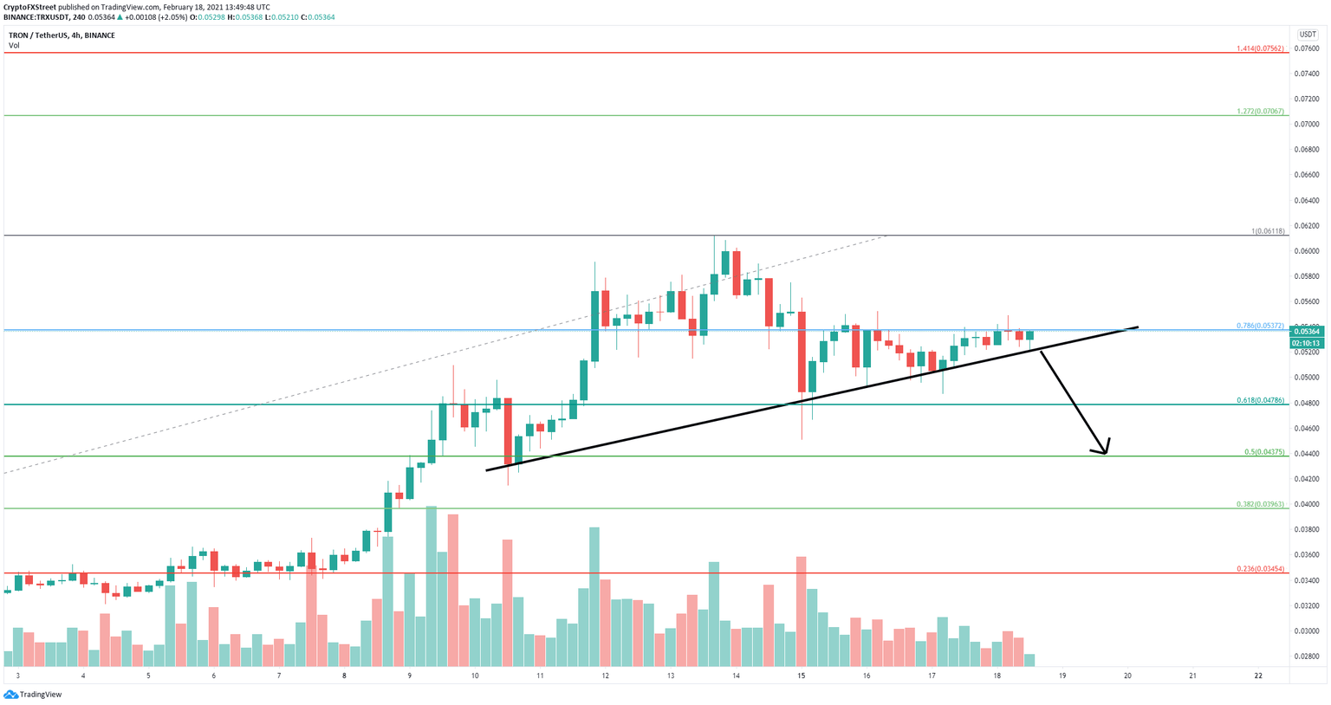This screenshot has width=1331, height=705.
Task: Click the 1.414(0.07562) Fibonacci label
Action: pos(1261,49)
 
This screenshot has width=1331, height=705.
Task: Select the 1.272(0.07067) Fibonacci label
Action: pos(1261,112)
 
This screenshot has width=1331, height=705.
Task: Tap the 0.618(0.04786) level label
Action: pos(1261,401)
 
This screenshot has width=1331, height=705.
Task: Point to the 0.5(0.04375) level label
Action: pos(1264,452)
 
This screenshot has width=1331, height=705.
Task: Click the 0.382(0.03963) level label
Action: pos(1261,504)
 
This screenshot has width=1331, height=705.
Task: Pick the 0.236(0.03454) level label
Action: pos(1261,569)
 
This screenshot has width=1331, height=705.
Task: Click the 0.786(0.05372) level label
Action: pos(1261,326)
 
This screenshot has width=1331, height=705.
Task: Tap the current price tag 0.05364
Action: pos(1306,332)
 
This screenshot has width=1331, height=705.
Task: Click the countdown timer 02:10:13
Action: pos(1306,342)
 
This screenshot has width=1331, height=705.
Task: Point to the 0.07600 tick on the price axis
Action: pos(1306,49)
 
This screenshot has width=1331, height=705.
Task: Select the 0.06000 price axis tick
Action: pos(1306,251)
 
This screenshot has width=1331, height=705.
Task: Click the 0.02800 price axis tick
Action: pos(1306,656)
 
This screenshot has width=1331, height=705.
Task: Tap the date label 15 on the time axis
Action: pos(802,676)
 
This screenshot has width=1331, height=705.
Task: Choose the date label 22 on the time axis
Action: pos(1258,676)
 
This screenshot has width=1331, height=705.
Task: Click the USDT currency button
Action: pos(1307,35)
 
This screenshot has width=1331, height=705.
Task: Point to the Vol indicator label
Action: pos(14,45)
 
